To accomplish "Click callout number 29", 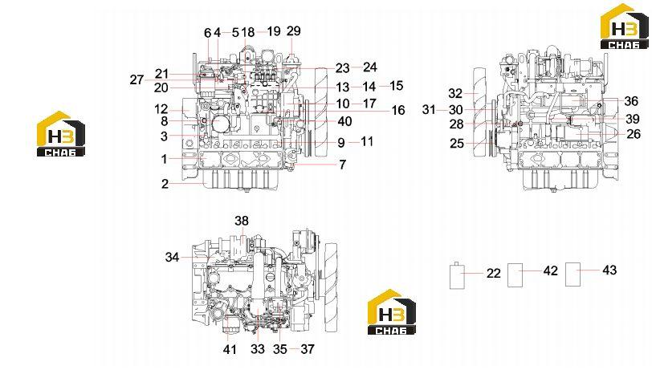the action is click(x=294, y=30).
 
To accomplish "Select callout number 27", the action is click(x=137, y=79).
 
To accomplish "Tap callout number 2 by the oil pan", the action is click(x=165, y=183).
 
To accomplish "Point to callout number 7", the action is click(x=342, y=165).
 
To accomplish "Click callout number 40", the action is click(x=345, y=121).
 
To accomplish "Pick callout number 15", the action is click(x=397, y=86).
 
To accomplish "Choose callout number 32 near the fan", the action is click(x=455, y=93).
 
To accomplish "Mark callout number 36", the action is click(x=631, y=101).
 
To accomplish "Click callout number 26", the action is click(x=634, y=134).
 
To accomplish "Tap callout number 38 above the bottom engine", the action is click(x=242, y=221).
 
